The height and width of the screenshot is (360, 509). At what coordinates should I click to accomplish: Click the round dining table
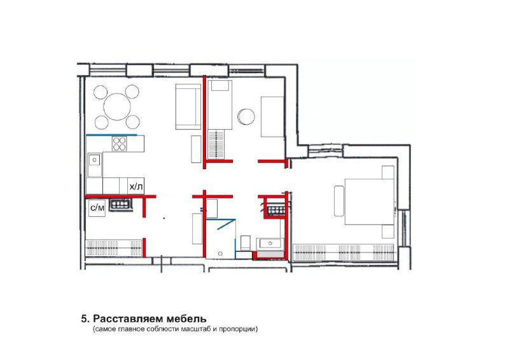[x=117, y=106]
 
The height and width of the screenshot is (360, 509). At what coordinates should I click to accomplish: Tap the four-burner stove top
[x=119, y=144]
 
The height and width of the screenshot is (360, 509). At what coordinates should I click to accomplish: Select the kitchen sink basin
[x=95, y=160]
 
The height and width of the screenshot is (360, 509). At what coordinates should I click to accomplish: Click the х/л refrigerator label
[x=136, y=186]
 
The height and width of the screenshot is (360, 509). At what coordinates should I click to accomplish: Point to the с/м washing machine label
[x=97, y=208]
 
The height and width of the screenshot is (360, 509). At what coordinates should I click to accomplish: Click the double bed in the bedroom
[x=370, y=202]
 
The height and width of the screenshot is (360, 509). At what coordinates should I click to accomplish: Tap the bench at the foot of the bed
[x=339, y=201]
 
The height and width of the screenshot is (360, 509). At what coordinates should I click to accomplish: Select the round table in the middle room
[x=246, y=116]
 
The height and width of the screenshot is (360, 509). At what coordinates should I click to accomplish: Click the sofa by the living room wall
[x=188, y=107]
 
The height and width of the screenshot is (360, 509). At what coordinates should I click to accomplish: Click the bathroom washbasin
[x=270, y=244]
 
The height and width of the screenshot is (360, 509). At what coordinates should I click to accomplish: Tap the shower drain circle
[x=221, y=253]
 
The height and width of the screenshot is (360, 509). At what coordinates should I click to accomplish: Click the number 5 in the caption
[x=85, y=319]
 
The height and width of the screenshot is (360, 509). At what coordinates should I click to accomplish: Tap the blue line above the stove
[x=111, y=135]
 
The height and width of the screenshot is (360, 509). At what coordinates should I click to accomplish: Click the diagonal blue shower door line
[x=227, y=224]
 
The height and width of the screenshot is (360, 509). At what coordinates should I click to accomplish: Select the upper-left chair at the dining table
[x=101, y=92]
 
